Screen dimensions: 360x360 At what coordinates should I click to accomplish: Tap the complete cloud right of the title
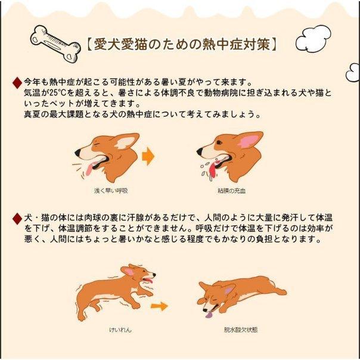(313, 39)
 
